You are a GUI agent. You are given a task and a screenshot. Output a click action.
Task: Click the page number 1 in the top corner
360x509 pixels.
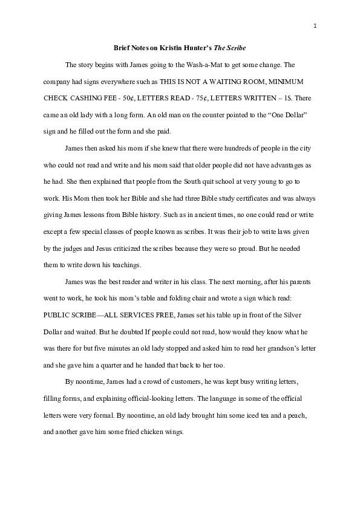[x=316, y=25]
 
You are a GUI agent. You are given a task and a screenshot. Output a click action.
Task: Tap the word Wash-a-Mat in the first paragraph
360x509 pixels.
[x=203, y=64]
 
